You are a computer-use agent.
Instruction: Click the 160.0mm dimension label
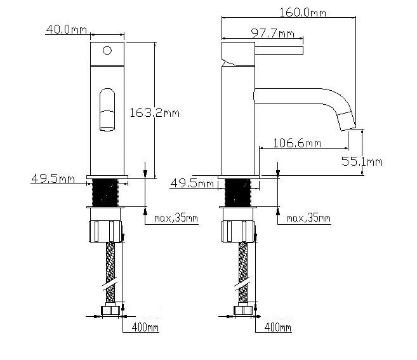click(303, 13)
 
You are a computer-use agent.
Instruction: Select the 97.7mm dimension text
click(273, 34)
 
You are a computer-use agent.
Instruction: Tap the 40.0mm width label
click(67, 29)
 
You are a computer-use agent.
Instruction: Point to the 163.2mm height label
click(154, 113)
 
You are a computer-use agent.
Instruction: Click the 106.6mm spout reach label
click(297, 143)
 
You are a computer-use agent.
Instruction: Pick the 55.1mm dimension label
click(362, 161)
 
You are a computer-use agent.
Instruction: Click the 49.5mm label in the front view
click(53, 178)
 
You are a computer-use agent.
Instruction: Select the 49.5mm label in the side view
click(192, 183)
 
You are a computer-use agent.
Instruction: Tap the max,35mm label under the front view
click(176, 218)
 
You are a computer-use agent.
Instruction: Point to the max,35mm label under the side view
click(308, 218)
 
